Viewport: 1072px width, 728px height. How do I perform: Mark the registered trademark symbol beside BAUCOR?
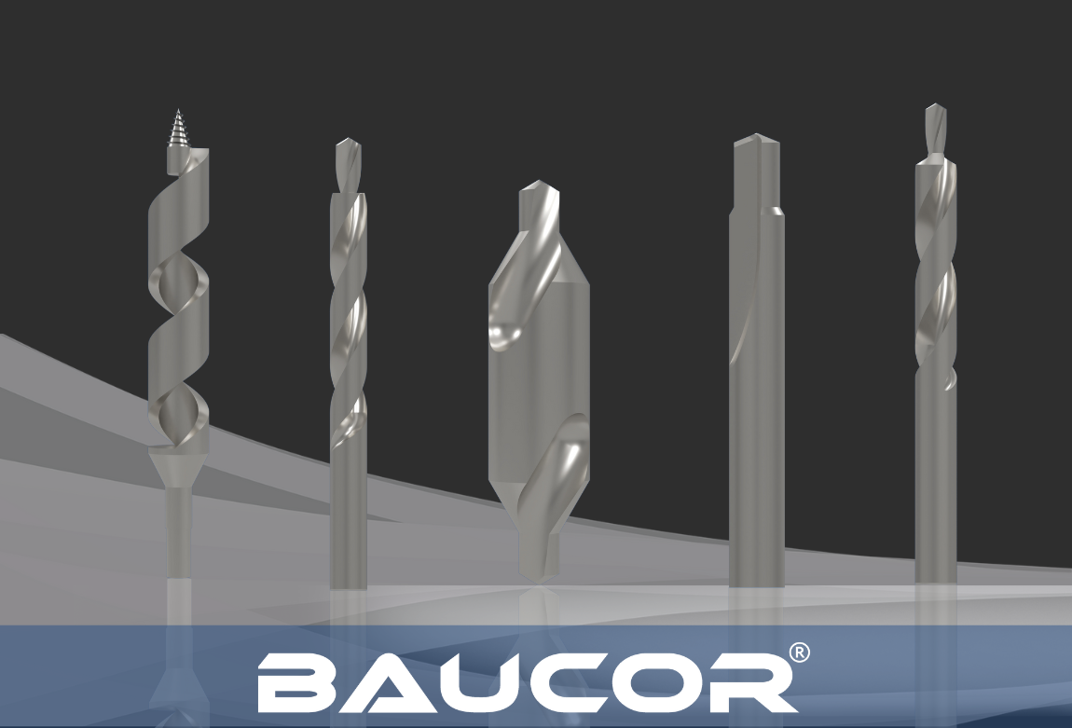point(800,653)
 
